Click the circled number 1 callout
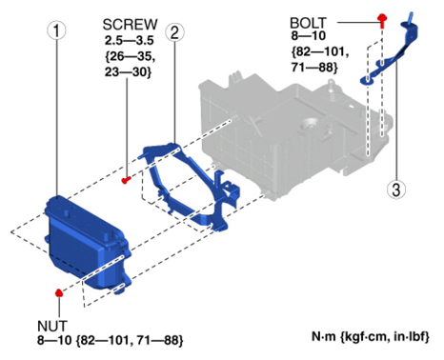[x=56, y=30]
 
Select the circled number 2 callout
[x=174, y=32]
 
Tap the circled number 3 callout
[x=396, y=190]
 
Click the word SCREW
[x=131, y=25]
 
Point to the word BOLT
[x=308, y=23]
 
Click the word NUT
[x=52, y=326]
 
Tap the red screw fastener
[x=126, y=180]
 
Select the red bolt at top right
[x=382, y=20]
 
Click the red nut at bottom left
[x=59, y=292]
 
